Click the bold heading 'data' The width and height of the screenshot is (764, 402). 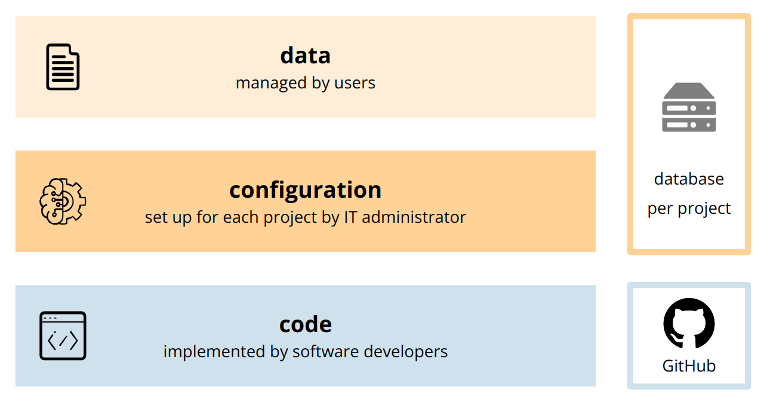pos(305,56)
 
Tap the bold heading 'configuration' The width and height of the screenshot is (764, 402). pos(305,190)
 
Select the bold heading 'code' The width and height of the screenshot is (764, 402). pos(305,324)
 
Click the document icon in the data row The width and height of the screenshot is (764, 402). pos(63,67)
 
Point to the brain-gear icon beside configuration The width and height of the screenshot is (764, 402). pos(63,201)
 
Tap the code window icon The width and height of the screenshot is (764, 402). pos(63,336)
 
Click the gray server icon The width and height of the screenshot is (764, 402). pos(689,108)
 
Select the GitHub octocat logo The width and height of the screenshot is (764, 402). pos(689,323)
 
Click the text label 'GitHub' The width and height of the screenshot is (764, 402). pos(689,366)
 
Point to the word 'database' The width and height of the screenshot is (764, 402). pos(689,179)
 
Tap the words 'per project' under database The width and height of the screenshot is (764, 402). pos(689,208)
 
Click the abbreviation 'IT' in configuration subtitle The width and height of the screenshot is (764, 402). pos(351,217)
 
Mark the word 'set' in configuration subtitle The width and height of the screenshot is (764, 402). pos(153,217)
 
